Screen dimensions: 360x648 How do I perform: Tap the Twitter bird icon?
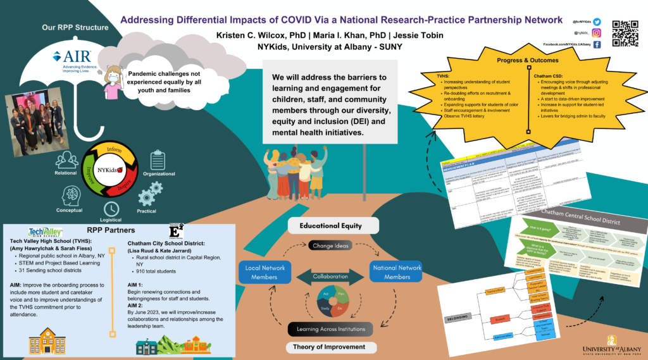(597, 22)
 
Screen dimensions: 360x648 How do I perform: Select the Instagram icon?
(597, 33)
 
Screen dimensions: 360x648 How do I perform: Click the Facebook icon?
(597, 45)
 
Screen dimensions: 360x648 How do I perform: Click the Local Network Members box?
(264, 272)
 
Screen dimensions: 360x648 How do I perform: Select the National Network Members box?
(397, 272)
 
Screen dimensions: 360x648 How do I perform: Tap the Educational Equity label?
(330, 225)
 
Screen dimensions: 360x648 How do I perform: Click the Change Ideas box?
(330, 245)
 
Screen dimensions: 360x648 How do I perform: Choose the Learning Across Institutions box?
(331, 329)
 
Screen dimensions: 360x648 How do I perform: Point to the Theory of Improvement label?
(331, 347)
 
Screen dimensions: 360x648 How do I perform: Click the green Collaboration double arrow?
(330, 277)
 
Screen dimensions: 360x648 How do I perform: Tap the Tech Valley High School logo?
(46, 232)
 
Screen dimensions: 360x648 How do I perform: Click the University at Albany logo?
(607, 346)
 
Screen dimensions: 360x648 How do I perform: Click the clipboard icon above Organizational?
(157, 161)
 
